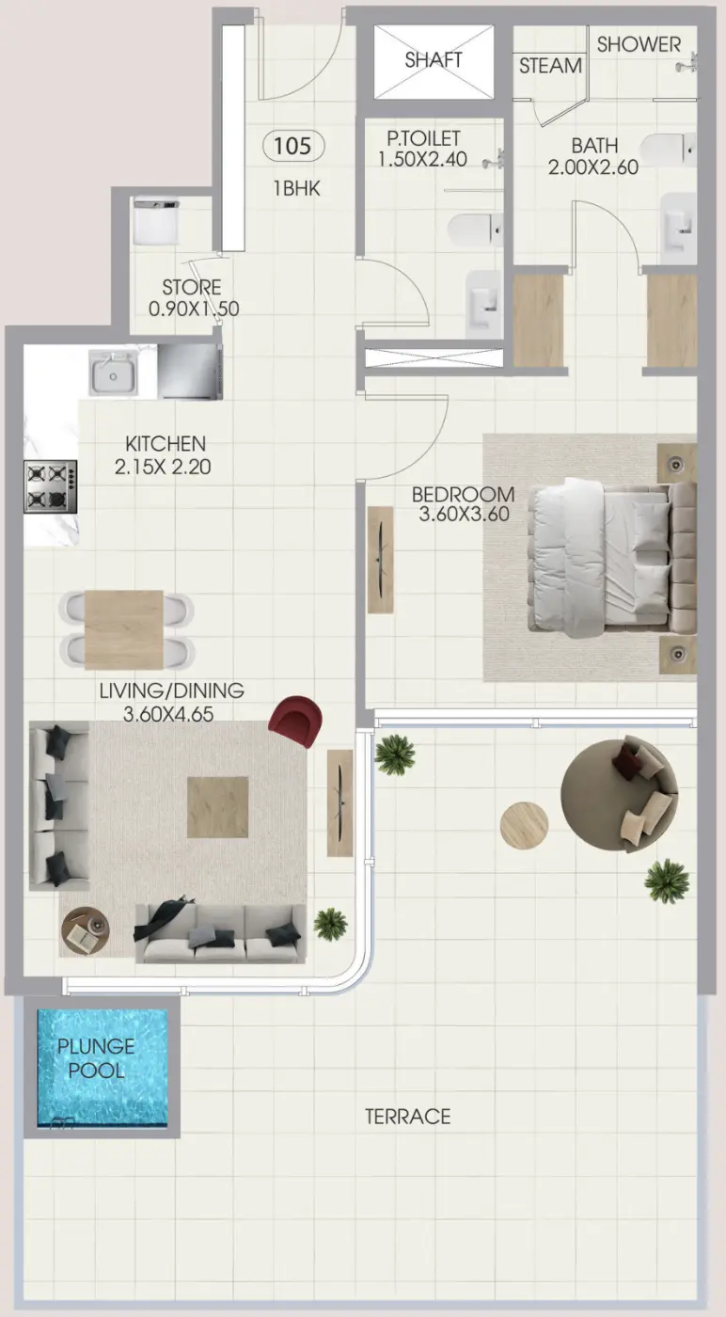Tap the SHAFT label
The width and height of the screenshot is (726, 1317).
click(434, 60)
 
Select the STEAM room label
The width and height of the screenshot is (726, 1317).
click(550, 66)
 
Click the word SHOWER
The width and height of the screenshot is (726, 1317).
click(639, 44)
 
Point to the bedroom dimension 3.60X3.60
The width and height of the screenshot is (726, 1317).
click(464, 514)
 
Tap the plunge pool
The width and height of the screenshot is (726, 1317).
click(102, 1068)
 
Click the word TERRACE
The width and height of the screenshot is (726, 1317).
click(407, 1117)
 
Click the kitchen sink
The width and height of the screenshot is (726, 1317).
click(114, 373)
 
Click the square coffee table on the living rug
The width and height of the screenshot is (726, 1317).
click(217, 806)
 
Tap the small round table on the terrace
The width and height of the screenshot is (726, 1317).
click(524, 825)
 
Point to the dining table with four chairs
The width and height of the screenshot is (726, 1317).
click(125, 629)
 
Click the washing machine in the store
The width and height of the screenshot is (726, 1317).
click(156, 221)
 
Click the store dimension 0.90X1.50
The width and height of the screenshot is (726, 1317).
click(192, 307)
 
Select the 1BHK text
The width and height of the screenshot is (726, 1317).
click(296, 188)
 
